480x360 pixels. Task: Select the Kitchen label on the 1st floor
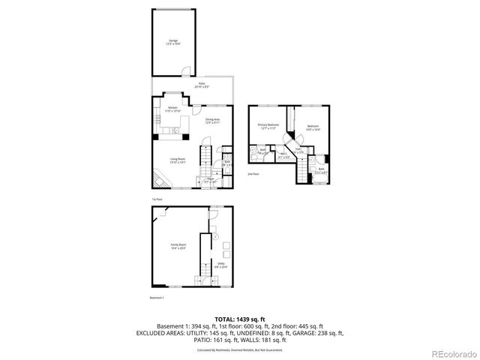pyautogui.click(x=172, y=109)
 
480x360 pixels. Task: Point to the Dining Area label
pyautogui.click(x=212, y=120)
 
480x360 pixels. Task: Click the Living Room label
pyautogui.click(x=178, y=160)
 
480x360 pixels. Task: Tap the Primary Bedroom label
pyautogui.click(x=268, y=126)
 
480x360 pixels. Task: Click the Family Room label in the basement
pyautogui.click(x=178, y=247)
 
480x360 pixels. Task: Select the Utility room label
pyautogui.click(x=221, y=264)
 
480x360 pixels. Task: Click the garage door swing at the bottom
pyautogui.click(x=183, y=73)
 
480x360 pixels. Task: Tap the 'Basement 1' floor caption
pyautogui.click(x=157, y=298)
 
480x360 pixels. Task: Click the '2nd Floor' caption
pyautogui.click(x=253, y=173)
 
